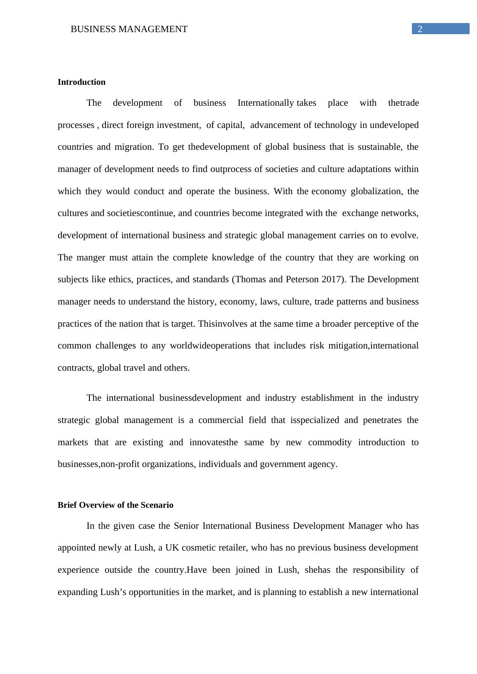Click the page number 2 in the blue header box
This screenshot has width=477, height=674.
coord(420,29)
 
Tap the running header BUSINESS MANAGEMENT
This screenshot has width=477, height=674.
coord(129,29)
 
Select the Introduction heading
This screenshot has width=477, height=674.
coord(82,82)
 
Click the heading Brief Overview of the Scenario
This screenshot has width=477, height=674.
coord(115,505)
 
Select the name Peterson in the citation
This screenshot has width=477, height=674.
coord(302,279)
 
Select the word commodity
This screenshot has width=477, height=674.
coord(330,442)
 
